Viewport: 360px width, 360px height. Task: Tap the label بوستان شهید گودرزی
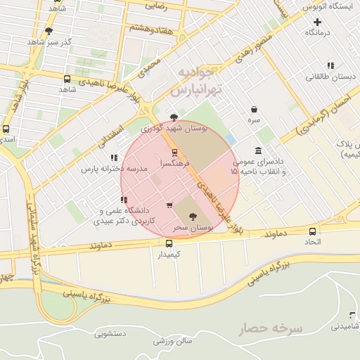click(172, 129)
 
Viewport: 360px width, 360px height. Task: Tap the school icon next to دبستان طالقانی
click(330, 66)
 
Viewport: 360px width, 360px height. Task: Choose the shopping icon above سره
click(253, 109)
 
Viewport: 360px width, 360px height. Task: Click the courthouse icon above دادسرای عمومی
click(259, 150)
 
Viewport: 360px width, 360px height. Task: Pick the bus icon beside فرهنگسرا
click(174, 152)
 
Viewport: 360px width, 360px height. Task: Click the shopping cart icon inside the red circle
click(169, 205)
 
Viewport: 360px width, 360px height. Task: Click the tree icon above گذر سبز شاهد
click(49, 31)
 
